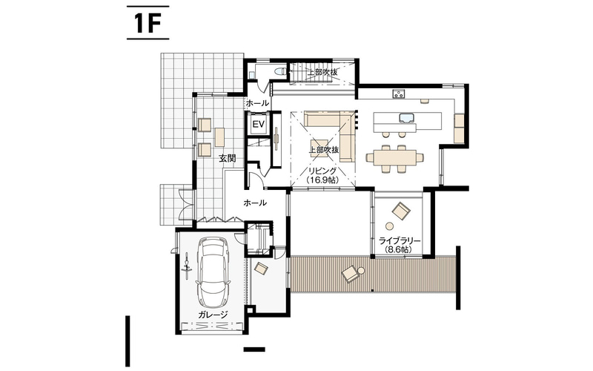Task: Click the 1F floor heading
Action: [x=146, y=24]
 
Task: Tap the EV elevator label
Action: [x=258, y=124]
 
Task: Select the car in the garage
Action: [x=212, y=272]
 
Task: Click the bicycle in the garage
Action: [x=187, y=266]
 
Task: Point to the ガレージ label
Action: [x=213, y=315]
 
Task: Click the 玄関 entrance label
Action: [x=227, y=158]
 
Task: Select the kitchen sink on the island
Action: [x=406, y=118]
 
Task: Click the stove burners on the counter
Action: [x=399, y=93]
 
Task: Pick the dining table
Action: [x=394, y=158]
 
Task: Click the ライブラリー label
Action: [x=400, y=240]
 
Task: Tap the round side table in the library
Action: [x=389, y=226]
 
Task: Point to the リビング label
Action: [x=322, y=171]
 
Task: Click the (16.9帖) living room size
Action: [x=322, y=180]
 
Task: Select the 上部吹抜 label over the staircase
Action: [x=322, y=72]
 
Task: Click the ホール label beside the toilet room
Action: [x=257, y=103]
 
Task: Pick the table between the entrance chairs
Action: [x=219, y=137]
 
